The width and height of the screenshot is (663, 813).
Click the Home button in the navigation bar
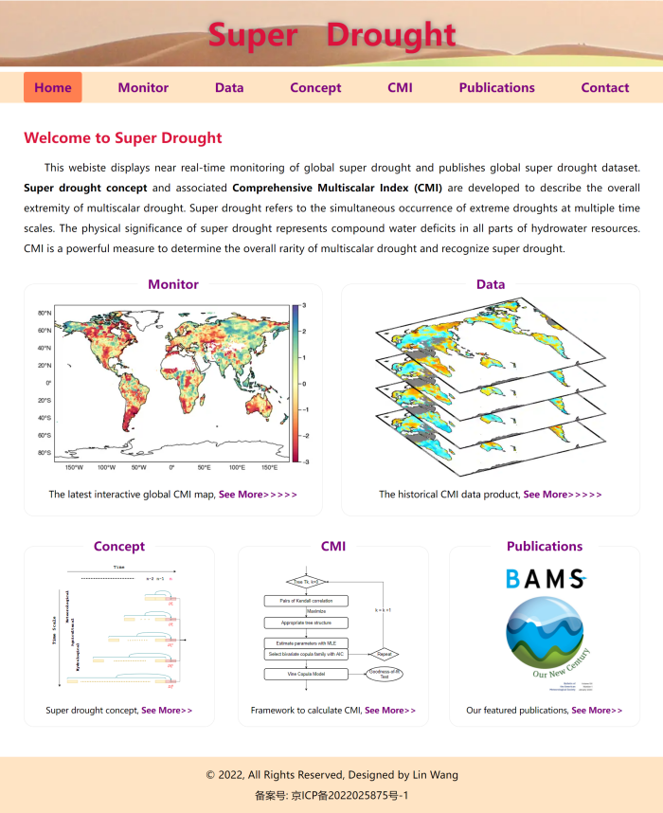pyautogui.click(x=53, y=87)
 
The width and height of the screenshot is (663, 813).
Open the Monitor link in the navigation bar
pyautogui.click(x=143, y=87)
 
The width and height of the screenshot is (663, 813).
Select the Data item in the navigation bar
pyautogui.click(x=229, y=87)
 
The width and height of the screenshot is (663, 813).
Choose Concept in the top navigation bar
pyautogui.click(x=315, y=87)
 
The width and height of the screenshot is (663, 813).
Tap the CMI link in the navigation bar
pyautogui.click(x=400, y=87)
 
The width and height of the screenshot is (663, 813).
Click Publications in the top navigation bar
pyautogui.click(x=497, y=87)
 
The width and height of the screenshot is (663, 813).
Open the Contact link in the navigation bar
pyautogui.click(x=605, y=87)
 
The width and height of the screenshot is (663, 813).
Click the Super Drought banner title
pyautogui.click(x=332, y=35)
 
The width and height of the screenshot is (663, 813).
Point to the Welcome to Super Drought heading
pyautogui.click(x=123, y=138)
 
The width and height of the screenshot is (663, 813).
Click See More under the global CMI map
pyautogui.click(x=258, y=495)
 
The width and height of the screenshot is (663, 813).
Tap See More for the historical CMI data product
pyautogui.click(x=562, y=495)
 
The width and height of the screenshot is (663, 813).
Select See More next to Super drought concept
pyautogui.click(x=167, y=710)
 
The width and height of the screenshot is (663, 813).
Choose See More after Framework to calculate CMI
pyautogui.click(x=390, y=710)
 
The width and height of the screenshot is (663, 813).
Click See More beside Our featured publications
pyautogui.click(x=597, y=710)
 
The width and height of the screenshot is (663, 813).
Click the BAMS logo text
pyautogui.click(x=545, y=579)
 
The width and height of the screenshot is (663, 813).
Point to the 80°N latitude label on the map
pyautogui.click(x=45, y=313)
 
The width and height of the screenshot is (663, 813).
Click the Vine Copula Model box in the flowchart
pyautogui.click(x=306, y=674)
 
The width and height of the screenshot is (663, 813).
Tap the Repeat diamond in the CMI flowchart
pyautogui.click(x=385, y=654)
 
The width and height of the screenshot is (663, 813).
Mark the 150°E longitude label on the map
pyautogui.click(x=269, y=467)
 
